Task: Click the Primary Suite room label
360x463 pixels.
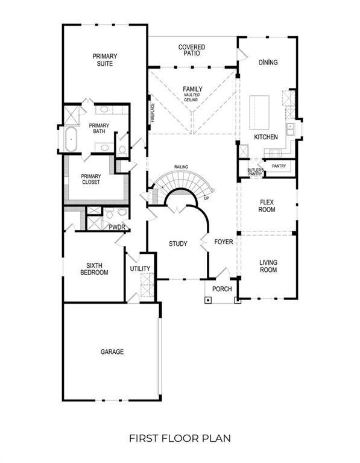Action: [x=104, y=60]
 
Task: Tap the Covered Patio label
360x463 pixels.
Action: [x=192, y=50]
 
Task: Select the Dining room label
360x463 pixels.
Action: [x=268, y=62]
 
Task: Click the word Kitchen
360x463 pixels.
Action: [x=265, y=137]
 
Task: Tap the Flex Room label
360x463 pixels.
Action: [x=267, y=206]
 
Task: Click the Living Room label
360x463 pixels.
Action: [x=268, y=266]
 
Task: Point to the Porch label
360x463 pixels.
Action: [x=222, y=289]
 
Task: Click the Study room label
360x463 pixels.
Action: [x=177, y=244]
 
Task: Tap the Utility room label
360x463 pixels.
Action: [x=140, y=269]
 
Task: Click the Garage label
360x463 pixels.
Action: [x=112, y=351]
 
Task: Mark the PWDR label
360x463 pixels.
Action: [x=116, y=227]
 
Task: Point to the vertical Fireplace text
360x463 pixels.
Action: [x=153, y=113]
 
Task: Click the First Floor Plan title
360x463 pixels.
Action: [x=180, y=438]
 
